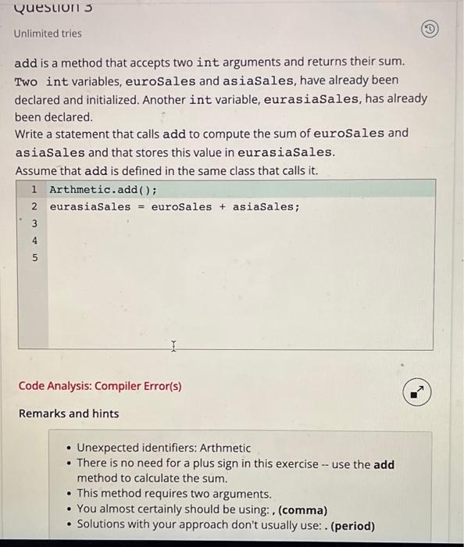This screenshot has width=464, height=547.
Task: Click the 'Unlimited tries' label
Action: click(x=48, y=34)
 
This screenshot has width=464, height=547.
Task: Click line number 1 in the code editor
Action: click(x=34, y=190)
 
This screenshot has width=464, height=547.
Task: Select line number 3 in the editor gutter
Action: click(x=34, y=224)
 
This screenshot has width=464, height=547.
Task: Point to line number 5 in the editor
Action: click(x=34, y=257)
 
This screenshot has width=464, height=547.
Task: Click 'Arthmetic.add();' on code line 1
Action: click(x=103, y=190)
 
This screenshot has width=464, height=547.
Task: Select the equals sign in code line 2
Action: click(x=141, y=207)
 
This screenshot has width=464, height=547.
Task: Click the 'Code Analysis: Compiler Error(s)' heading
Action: click(x=100, y=386)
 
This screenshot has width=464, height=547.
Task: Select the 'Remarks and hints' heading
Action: click(x=69, y=413)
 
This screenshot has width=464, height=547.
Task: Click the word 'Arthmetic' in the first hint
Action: click(x=225, y=448)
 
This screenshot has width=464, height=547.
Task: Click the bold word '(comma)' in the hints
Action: click(x=302, y=509)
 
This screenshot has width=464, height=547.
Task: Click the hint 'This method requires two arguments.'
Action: click(x=174, y=494)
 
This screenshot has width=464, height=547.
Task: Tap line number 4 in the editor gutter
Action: click(x=34, y=241)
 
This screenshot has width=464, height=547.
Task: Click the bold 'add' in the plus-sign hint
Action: click(x=384, y=463)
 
